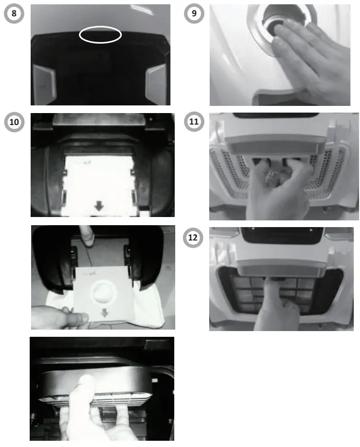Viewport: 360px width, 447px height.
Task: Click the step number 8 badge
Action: pyautogui.click(x=14, y=13)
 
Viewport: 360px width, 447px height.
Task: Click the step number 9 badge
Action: pyautogui.click(x=193, y=13)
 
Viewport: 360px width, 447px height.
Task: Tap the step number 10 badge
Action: pyautogui.click(x=14, y=122)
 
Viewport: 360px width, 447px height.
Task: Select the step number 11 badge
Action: pyautogui.click(x=193, y=122)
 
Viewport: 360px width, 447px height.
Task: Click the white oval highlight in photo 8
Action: pyautogui.click(x=100, y=35)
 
